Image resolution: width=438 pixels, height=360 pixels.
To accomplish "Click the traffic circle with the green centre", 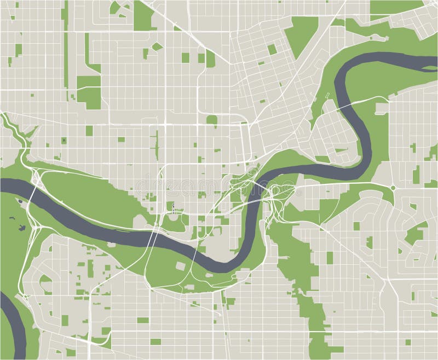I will pyautogui.click(x=393, y=188).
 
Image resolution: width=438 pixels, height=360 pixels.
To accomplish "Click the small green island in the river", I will pyautogui.click(x=20, y=201).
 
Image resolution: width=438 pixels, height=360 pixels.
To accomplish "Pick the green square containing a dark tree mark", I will pyautogui.click(x=64, y=141).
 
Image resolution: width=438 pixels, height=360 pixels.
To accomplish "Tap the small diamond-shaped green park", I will pyautogui.click(x=157, y=47).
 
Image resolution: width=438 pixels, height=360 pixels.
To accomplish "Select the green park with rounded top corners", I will pyautogui.click(x=211, y=120).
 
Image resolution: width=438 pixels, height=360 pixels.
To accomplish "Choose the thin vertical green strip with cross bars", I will pyautogui.click(x=155, y=142).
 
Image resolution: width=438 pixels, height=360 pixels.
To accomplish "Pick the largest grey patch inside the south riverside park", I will pyautogui.click(x=180, y=266).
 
